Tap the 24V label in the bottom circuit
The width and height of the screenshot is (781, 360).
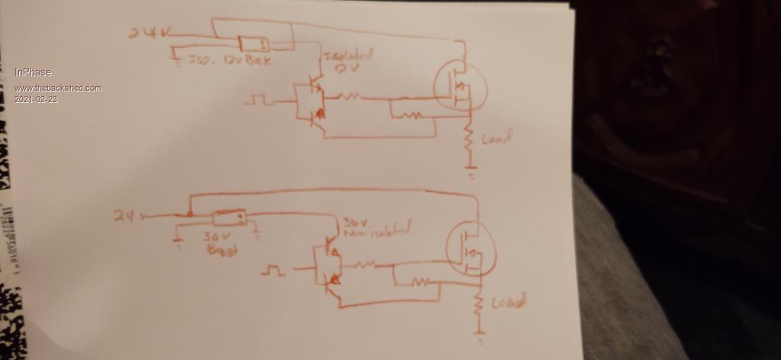[124, 217]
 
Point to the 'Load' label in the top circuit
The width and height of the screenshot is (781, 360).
[496, 139]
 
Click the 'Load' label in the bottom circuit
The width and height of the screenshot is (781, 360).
[508, 303]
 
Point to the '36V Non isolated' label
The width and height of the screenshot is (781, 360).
[375, 227]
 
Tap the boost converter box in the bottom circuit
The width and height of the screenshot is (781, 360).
[228, 219]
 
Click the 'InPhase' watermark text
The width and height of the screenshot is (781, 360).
[33, 72]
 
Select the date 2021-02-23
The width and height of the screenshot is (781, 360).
[35, 99]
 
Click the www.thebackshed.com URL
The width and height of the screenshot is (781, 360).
[57, 88]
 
